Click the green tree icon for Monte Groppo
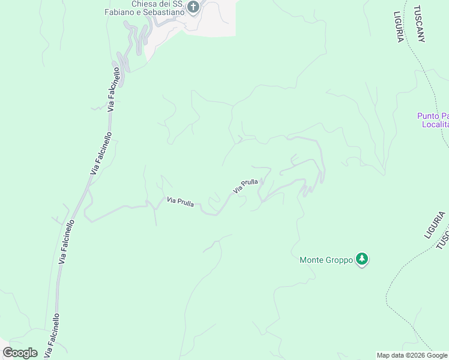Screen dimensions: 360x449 (x=361, y=259)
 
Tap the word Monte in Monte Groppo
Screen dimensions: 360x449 (x=312, y=260)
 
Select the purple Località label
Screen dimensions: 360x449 (x=435, y=124)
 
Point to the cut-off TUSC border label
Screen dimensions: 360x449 (x=442, y=241)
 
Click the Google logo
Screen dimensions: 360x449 (x=20, y=353)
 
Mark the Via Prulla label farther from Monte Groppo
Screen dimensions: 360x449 (x=180, y=202)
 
